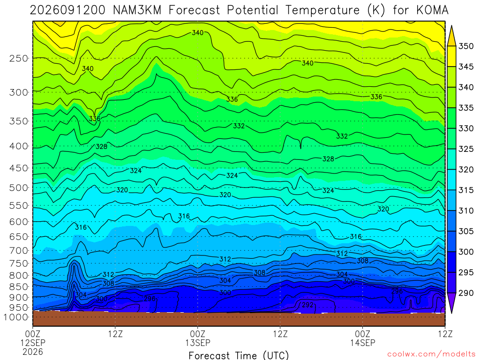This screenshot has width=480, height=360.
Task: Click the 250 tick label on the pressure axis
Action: (x=19, y=58)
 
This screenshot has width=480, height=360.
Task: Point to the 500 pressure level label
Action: (x=19, y=187)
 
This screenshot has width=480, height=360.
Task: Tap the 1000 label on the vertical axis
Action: (x=15, y=317)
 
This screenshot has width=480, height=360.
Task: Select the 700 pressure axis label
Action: (x=19, y=251)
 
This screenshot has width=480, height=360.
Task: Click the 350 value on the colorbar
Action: (x=466, y=46)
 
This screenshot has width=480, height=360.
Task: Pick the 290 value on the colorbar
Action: (x=466, y=293)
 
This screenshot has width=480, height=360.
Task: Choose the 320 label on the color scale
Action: (x=466, y=170)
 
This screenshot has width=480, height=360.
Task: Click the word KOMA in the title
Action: (x=432, y=10)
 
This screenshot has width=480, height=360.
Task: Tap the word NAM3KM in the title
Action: (x=137, y=10)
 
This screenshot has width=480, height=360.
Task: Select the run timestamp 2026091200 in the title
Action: (x=67, y=10)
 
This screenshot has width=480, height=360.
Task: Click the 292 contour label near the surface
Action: (x=307, y=305)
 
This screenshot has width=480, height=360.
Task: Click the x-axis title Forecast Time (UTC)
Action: (x=239, y=355)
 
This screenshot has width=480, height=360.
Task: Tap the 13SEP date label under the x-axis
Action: (x=198, y=343)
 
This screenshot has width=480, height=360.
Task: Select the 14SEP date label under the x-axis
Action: (x=363, y=343)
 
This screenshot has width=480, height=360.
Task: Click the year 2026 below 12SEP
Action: (x=33, y=352)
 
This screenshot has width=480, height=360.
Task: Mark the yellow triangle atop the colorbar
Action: (x=451, y=36)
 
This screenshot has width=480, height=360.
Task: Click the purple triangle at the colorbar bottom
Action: (x=451, y=303)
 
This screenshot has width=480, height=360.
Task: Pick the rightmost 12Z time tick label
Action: (x=445, y=334)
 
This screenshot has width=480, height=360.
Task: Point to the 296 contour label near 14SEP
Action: (x=397, y=291)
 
